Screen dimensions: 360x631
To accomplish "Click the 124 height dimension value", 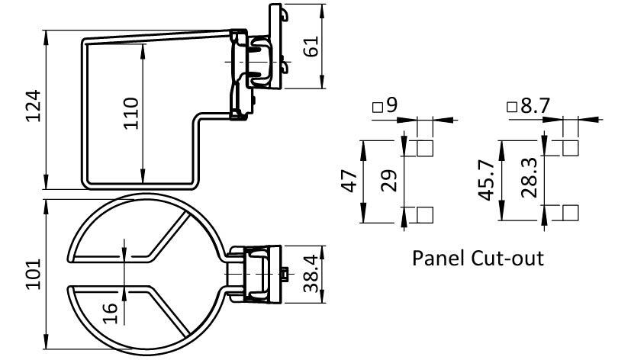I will (x=31, y=109).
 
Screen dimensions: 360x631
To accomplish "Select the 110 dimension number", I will (x=130, y=113).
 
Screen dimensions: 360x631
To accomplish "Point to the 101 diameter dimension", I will (x=31, y=274).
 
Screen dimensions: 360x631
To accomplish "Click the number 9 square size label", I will (x=391, y=104).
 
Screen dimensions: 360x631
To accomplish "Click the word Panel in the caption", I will (x=437, y=257).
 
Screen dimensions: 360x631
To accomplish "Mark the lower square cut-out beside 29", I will (x=425, y=214).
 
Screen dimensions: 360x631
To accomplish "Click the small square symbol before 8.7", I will (x=512, y=108).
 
